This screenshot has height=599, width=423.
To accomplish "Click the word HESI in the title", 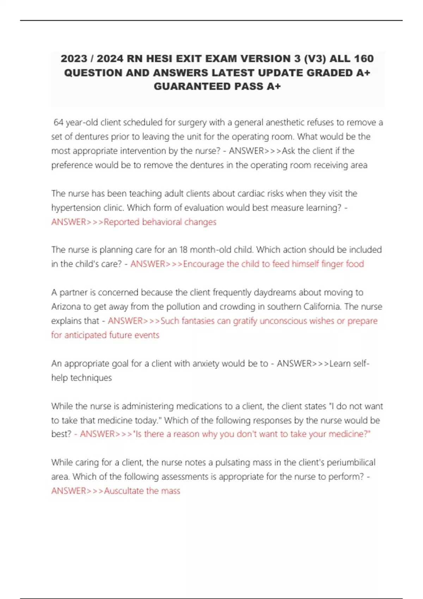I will coord(160,58).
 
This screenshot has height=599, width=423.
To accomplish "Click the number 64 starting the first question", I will coord(58,123).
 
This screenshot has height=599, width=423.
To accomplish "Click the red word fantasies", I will coord(198,321).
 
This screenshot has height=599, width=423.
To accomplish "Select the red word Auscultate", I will coord(123,491).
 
